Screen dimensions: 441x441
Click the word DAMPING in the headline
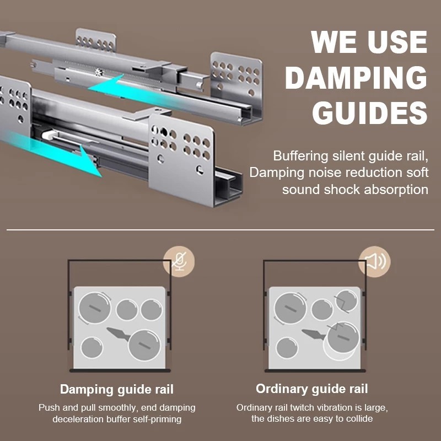[356, 78]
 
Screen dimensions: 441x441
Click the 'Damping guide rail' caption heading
[117, 389]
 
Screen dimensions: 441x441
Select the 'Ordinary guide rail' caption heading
[312, 389]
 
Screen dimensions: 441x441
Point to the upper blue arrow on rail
[110, 87]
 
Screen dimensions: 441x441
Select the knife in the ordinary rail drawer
[313, 334]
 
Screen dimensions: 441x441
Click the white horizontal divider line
[220, 229]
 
